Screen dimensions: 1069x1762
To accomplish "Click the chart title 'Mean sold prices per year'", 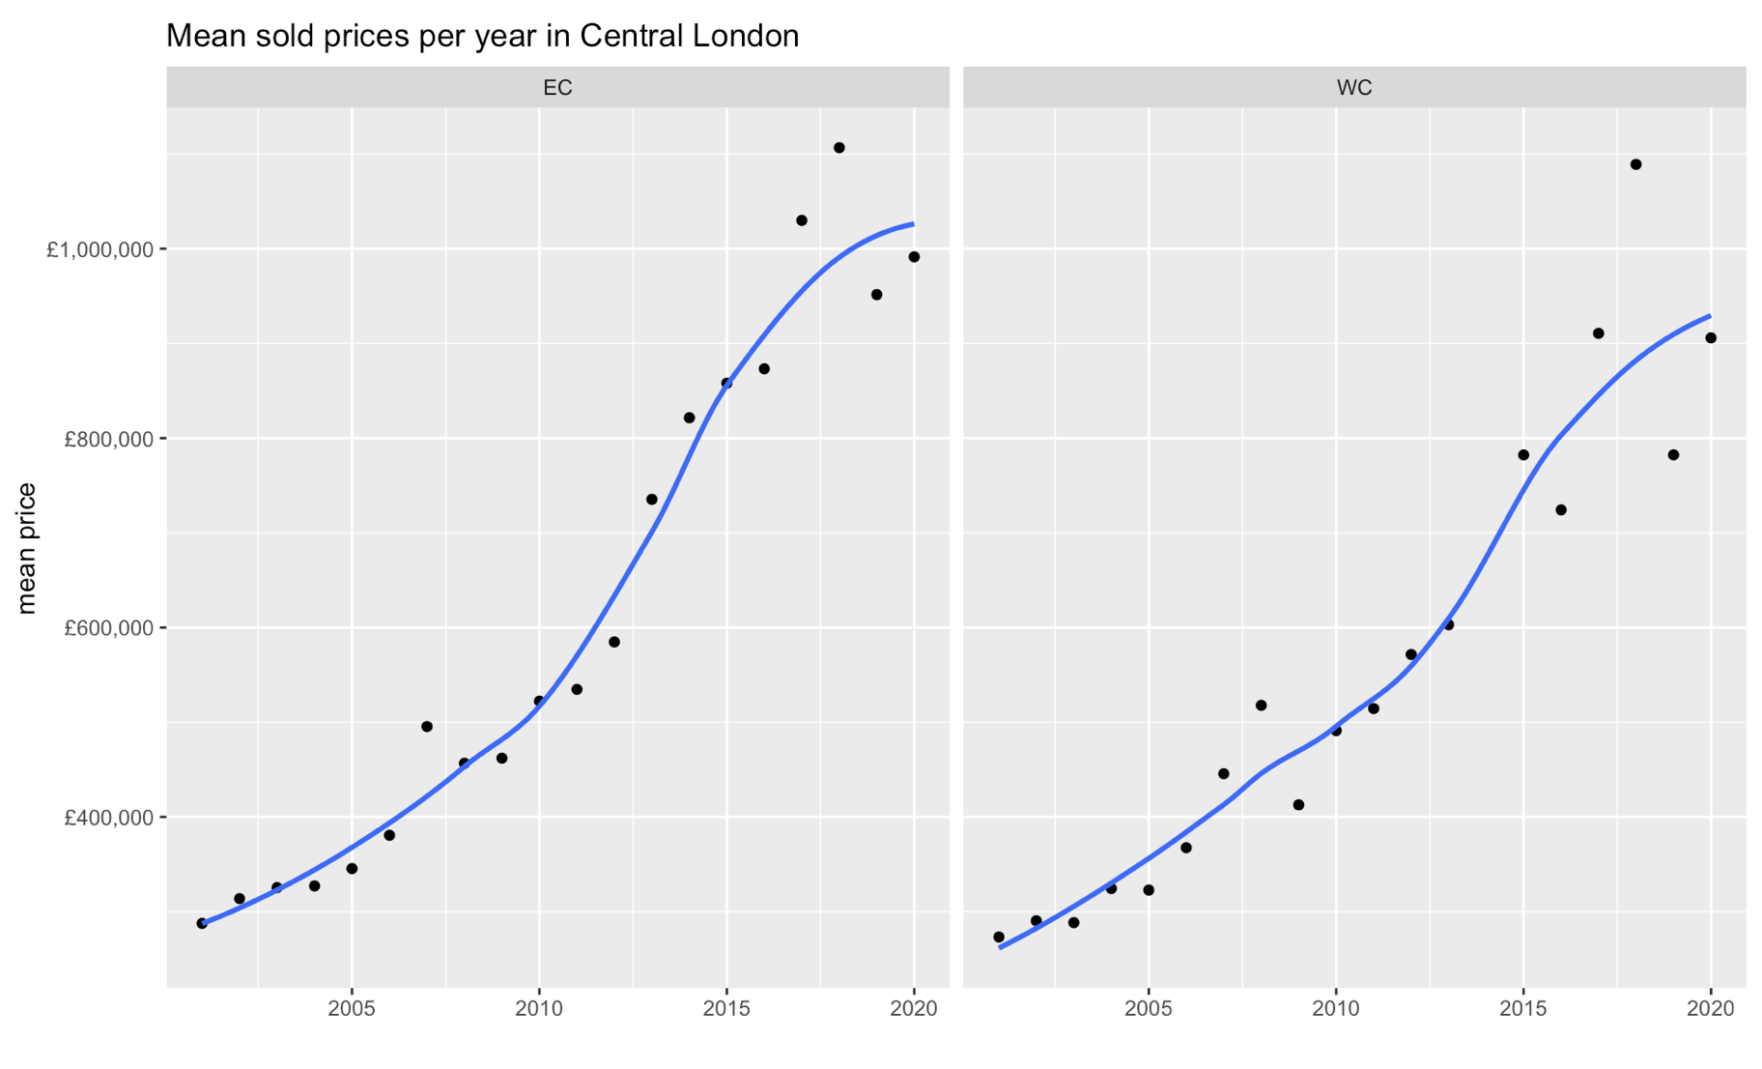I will click(482, 36).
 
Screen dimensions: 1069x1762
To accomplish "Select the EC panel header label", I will click(557, 88).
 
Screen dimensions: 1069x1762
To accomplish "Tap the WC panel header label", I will click(1353, 88).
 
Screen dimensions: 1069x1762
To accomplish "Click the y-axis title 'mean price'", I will click(27, 548).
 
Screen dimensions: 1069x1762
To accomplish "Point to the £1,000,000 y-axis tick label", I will click(99, 249).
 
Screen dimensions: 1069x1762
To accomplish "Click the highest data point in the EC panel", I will click(838, 148).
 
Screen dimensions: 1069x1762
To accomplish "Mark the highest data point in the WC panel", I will click(1635, 164).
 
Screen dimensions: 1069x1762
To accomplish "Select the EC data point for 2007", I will click(427, 726).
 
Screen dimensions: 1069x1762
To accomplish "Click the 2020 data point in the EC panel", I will click(914, 257).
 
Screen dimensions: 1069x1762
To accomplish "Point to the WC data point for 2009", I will click(1298, 805).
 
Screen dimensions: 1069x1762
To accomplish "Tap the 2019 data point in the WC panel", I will click(1673, 455).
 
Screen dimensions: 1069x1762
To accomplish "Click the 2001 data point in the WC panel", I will click(999, 938).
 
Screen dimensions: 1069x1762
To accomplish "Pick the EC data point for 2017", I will click(802, 220).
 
